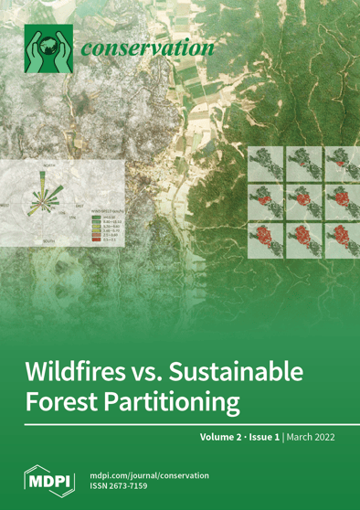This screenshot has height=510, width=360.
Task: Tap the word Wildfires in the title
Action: (x=87, y=372)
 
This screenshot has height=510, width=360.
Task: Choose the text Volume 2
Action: (x=225, y=438)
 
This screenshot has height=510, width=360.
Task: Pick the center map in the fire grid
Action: (x=303, y=198)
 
